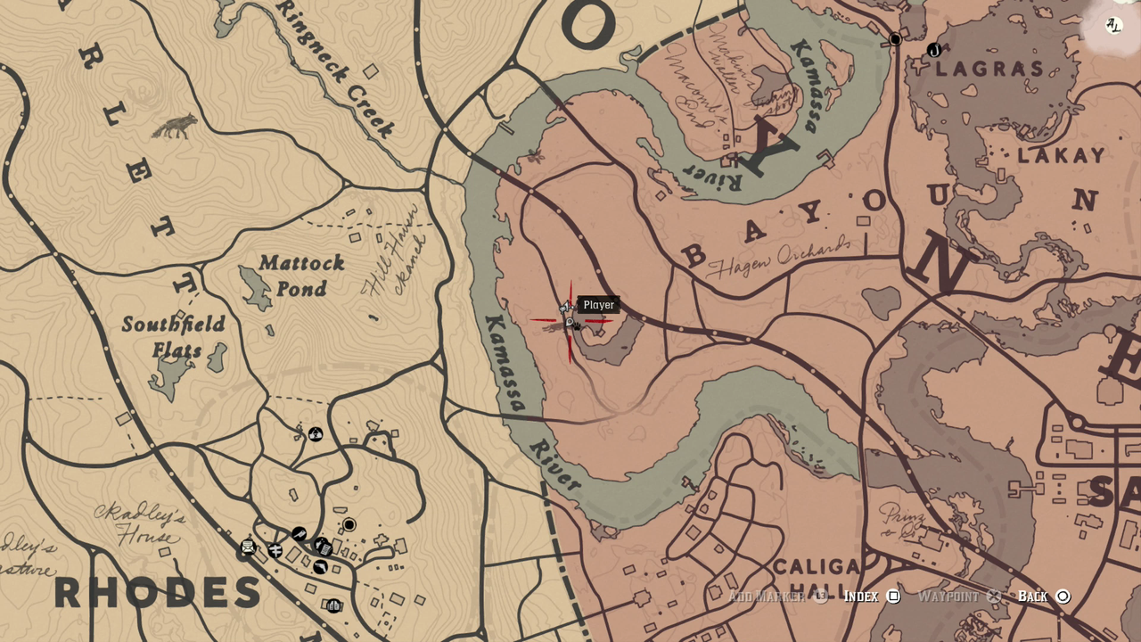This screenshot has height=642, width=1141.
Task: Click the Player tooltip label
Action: click(x=598, y=305)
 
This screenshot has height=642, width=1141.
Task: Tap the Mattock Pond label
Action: click(x=301, y=276)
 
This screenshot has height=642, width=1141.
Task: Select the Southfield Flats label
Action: click(x=174, y=336)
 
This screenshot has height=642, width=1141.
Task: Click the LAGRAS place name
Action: click(x=989, y=70)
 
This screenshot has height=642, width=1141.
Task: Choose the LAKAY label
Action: click(x=1061, y=156)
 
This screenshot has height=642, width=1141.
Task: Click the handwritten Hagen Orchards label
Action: click(x=778, y=256)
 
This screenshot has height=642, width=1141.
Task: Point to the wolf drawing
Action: click(x=175, y=127)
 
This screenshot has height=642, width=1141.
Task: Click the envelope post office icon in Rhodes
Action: click(x=249, y=547)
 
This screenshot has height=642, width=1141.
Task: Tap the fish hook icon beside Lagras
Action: click(x=933, y=51)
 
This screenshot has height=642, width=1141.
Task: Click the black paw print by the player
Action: click(x=576, y=327)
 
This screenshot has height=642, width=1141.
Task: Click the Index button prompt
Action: click(x=871, y=597)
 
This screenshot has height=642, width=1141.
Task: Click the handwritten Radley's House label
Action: click(x=141, y=527)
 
